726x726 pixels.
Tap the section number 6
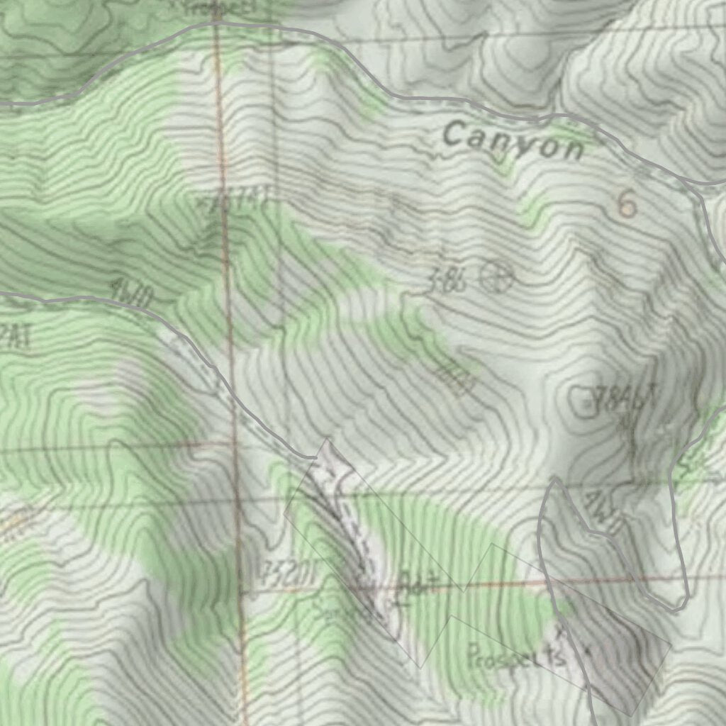point(627,204)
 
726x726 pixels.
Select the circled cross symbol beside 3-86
point(496,276)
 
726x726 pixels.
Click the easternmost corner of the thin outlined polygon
point(671,644)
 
